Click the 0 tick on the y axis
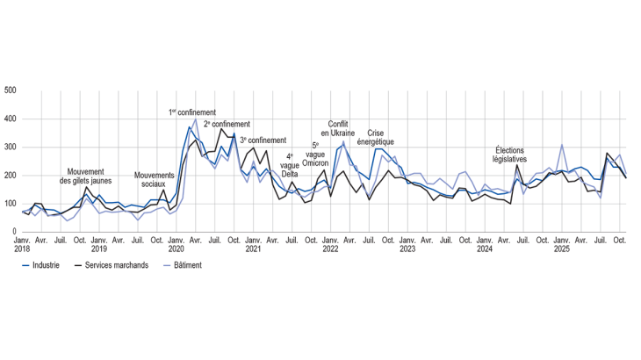tap(13, 233)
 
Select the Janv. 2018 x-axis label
tap(23, 244)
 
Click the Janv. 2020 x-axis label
tap(176, 244)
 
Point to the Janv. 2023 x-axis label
tap(407, 244)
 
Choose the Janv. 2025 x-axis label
tap(561, 244)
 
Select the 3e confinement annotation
tap(263, 140)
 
